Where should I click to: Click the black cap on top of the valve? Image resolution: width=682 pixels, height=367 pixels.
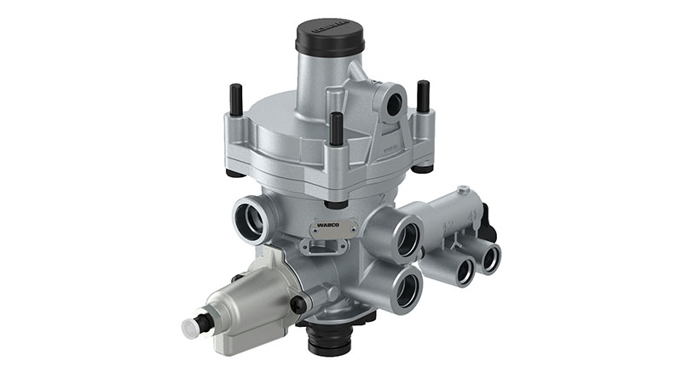pos(329,36)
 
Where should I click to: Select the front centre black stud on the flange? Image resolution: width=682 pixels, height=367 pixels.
pos(336,128)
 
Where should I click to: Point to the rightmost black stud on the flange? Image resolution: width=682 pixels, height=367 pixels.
pos(423,95)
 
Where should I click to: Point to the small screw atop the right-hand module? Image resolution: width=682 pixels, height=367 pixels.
pos(463,190)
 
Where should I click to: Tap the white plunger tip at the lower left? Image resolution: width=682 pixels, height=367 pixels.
pos(191,328)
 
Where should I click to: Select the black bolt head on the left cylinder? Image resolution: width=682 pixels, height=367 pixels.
pos(298,305)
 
